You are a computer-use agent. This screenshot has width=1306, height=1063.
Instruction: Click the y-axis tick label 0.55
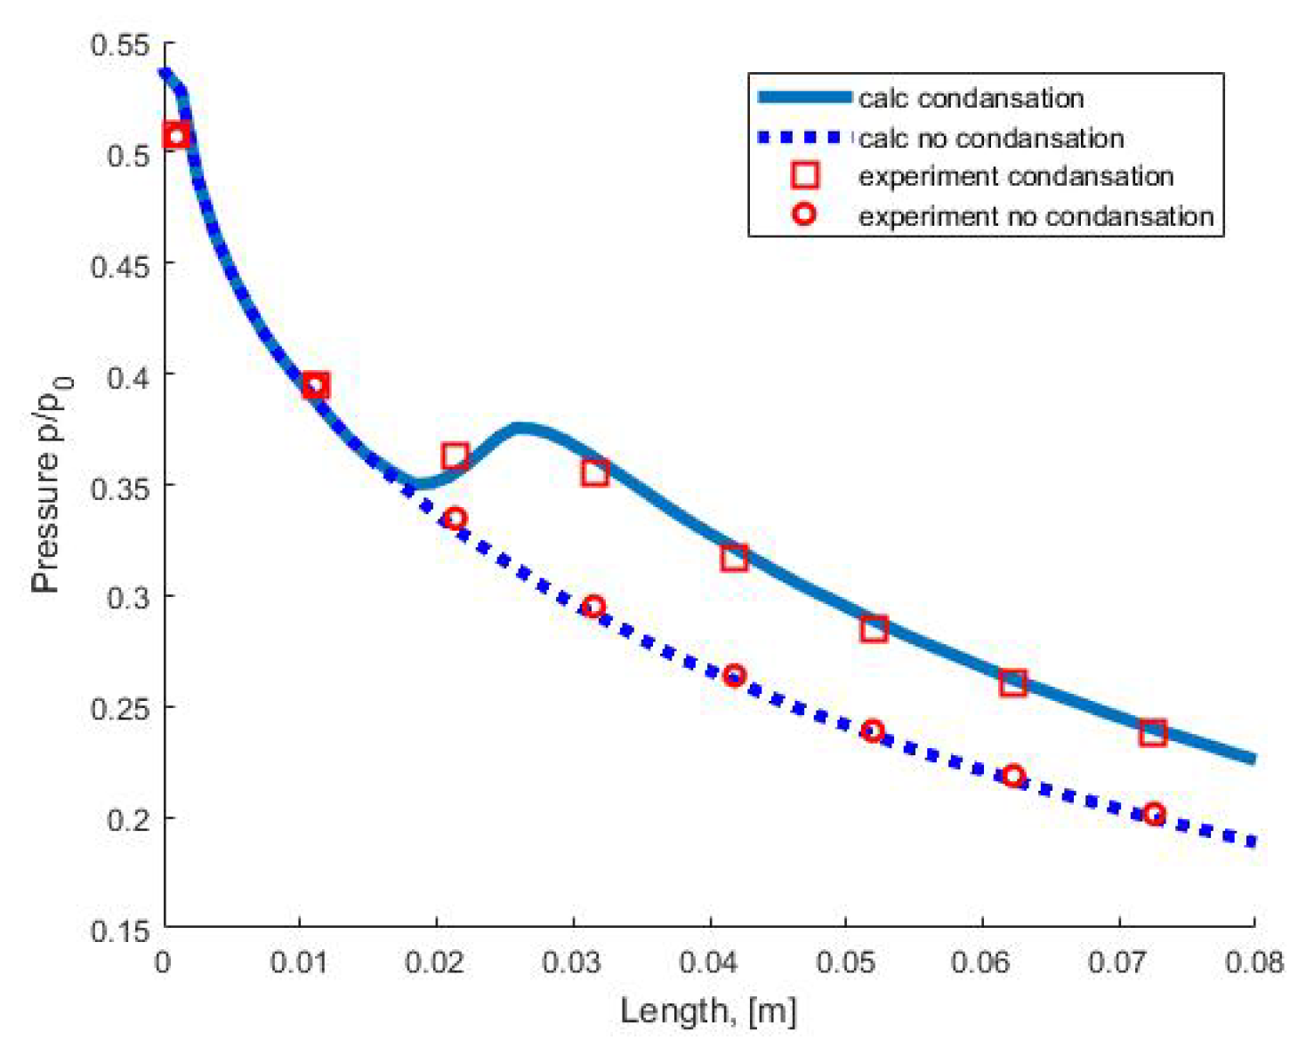[x=120, y=44]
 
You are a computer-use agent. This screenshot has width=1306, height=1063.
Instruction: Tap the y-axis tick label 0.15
[x=120, y=931]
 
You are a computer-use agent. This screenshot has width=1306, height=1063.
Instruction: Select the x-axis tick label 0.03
[x=572, y=962]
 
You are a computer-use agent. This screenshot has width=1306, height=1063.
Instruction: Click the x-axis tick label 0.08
[x=1254, y=962]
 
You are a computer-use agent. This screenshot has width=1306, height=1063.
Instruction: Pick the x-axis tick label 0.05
[x=845, y=962]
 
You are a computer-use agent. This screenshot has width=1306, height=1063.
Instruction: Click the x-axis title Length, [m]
[x=708, y=1011]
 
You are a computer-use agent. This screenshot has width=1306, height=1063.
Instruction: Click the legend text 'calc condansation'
[x=971, y=98]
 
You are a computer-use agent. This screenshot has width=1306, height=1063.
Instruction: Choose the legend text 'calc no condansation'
[x=990, y=138]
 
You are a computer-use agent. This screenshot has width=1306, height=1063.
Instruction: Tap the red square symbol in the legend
[x=804, y=175]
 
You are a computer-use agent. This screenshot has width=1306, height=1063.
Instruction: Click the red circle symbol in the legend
[x=804, y=214]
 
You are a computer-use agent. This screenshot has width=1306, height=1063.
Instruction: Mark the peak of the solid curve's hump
[x=522, y=429]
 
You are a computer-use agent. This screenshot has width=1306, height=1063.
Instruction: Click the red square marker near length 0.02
[x=455, y=456]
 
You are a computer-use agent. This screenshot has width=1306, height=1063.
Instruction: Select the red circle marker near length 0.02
[x=455, y=519]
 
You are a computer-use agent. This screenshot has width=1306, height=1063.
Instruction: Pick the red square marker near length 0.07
[x=1153, y=733]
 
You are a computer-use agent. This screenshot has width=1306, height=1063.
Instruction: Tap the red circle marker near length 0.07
[x=1154, y=814]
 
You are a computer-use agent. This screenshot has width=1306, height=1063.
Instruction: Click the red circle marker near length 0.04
[x=734, y=675]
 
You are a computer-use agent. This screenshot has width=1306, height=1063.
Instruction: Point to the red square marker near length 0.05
[x=874, y=629]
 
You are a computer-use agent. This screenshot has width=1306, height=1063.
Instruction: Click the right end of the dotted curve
[x=1253, y=842]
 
